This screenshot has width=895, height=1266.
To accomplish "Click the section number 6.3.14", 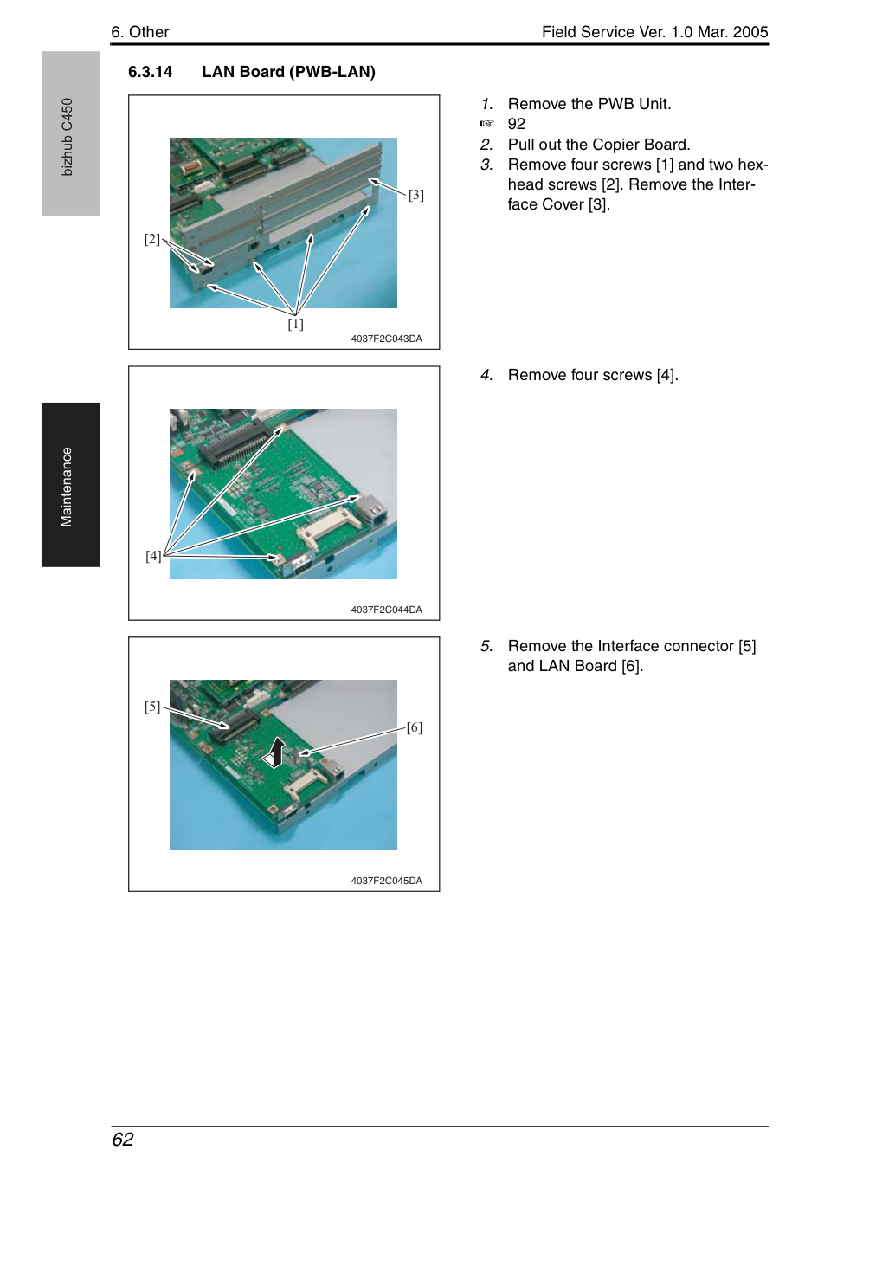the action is [151, 72].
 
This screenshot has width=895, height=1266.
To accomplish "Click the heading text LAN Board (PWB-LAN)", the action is [289, 72].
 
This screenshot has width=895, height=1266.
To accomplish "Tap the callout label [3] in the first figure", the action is [415, 195].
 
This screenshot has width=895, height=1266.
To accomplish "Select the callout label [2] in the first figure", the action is [152, 239].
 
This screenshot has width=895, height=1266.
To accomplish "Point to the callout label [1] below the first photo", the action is [295, 324].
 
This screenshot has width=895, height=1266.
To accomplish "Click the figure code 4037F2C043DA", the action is [386, 339].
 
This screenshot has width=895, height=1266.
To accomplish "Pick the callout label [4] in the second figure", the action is [153, 556].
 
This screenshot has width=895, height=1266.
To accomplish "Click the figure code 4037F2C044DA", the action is [386, 610].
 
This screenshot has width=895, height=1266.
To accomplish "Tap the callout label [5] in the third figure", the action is [152, 707].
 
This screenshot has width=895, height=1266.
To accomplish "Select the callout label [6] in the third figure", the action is [414, 727].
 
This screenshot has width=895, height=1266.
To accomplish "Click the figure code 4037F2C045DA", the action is [386, 881].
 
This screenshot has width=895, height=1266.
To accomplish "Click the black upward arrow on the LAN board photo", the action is [275, 752].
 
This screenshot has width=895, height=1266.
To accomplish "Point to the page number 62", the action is [123, 1139].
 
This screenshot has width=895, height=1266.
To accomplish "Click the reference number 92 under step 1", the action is [517, 124].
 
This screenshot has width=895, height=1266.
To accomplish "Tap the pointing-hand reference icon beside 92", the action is [486, 124].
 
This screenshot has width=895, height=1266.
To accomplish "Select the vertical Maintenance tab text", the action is [67, 487].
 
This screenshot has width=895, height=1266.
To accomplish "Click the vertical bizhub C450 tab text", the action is [67, 137].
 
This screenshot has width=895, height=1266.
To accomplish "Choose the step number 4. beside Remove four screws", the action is [486, 375].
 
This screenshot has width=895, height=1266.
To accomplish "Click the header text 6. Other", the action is [140, 32].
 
